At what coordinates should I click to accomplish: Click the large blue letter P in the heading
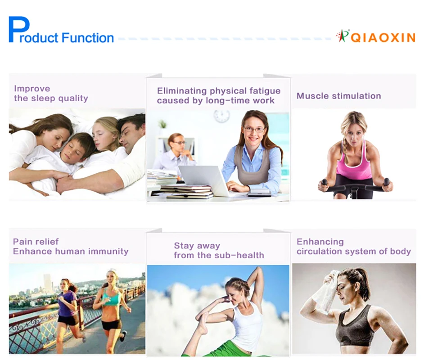19,29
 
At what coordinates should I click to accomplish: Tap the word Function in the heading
88,38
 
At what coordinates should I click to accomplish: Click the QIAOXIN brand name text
383,37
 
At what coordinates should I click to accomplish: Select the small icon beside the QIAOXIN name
343,36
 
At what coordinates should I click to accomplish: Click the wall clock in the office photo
222,116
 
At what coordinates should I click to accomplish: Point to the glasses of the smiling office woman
254,129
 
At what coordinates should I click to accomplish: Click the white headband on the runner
113,272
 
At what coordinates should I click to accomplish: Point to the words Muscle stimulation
339,96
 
